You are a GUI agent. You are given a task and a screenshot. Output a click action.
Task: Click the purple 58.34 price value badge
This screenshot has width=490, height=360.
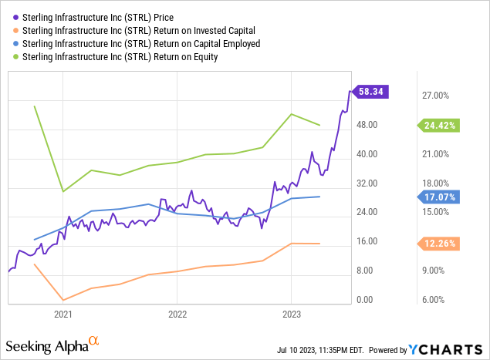click(371, 91)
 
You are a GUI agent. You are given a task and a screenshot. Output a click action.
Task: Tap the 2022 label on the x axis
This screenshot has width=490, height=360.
click(177, 315)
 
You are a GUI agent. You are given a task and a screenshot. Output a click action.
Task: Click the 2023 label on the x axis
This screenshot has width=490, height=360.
click(291, 315)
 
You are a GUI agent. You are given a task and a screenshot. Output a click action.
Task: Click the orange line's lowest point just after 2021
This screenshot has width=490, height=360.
click(63, 300)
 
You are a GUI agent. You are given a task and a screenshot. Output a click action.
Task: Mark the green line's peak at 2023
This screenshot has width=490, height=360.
click(291, 114)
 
